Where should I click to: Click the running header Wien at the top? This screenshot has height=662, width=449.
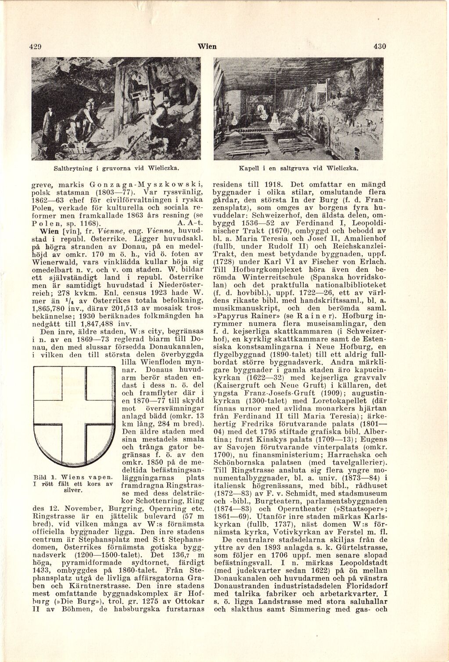point(207,47)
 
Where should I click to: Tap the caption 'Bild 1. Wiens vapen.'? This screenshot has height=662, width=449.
point(73,477)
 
